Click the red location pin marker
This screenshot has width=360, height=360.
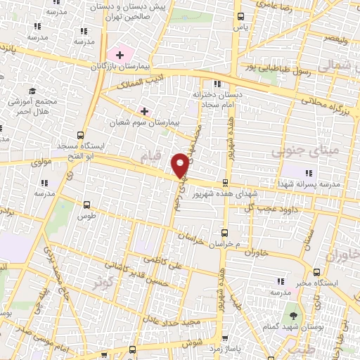[x=181, y=164]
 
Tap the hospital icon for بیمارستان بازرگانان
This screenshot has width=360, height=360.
[x=120, y=55]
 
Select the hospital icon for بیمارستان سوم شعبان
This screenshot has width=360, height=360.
[x=145, y=111]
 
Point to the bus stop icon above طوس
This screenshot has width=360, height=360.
[x=86, y=205]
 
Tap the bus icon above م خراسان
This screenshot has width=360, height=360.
[x=225, y=232]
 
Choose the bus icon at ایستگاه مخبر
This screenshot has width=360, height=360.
[x=317, y=271]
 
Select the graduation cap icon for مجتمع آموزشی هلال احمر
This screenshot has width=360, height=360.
[x=32, y=91]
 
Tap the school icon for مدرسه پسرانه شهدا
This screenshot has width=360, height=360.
[x=307, y=172]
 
